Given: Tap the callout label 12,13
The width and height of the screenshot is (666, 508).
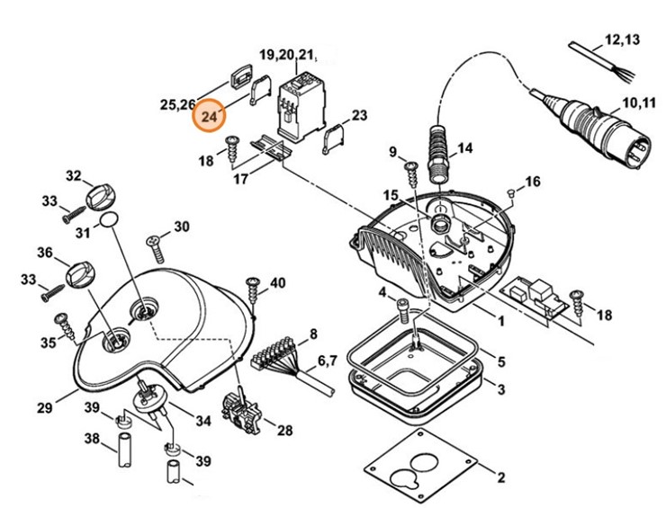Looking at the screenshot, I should click(x=622, y=40).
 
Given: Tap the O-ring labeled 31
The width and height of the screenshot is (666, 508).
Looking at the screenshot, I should click(x=108, y=219).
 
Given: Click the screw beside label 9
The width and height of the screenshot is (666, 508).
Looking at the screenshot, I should click(x=410, y=170).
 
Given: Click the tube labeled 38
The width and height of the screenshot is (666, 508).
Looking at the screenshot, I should click(x=121, y=446).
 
